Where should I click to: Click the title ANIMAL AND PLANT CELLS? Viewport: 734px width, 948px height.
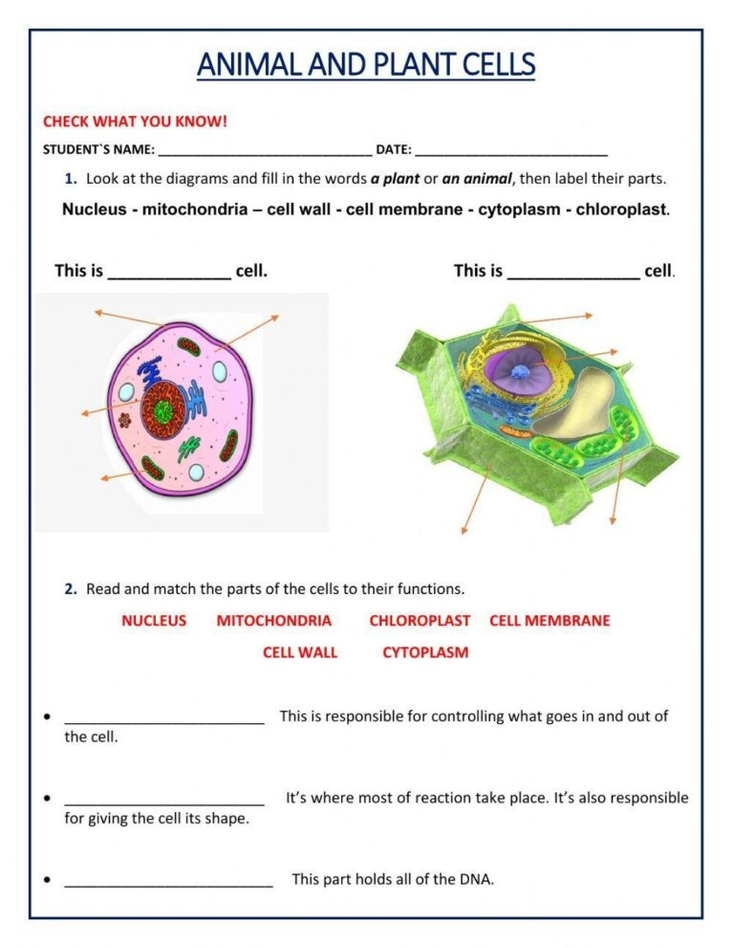(x=366, y=65)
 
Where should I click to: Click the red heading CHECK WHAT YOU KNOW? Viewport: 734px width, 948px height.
(x=135, y=121)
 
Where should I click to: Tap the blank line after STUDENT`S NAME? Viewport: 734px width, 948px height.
(x=265, y=150)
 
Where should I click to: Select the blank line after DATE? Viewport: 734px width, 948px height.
(x=511, y=150)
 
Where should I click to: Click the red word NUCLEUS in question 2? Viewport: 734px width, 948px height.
(x=154, y=621)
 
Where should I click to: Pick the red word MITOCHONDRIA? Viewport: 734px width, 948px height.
(x=273, y=621)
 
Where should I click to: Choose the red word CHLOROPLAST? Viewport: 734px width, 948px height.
(x=420, y=621)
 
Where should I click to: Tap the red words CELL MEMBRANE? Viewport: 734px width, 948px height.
(x=550, y=621)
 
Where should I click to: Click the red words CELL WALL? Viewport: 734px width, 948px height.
(x=300, y=652)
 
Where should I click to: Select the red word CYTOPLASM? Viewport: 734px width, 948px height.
(x=425, y=652)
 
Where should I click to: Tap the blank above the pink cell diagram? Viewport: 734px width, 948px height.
(x=169, y=272)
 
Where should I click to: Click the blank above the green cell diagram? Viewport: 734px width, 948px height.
(x=573, y=272)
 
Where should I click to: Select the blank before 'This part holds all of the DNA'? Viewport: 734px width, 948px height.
(x=168, y=880)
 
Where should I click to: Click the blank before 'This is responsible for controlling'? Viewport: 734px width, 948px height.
(x=164, y=717)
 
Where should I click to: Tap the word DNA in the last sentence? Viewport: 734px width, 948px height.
(x=477, y=879)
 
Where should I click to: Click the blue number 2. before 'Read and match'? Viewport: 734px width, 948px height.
(x=71, y=589)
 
